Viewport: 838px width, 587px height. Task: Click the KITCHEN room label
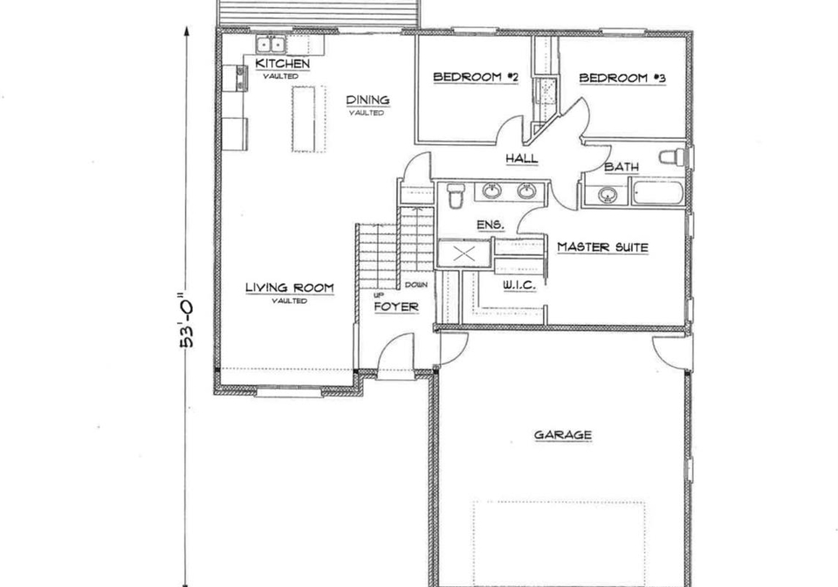(x=282, y=64)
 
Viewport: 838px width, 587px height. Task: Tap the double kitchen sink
(x=271, y=44)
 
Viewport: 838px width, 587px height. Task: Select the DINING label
(x=367, y=100)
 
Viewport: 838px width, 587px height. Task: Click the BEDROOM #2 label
(x=476, y=77)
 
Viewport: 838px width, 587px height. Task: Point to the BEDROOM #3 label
(x=622, y=78)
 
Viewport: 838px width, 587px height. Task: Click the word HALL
(x=522, y=158)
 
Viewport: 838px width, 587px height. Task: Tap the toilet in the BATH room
(x=672, y=158)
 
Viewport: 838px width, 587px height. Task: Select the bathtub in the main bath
(x=658, y=193)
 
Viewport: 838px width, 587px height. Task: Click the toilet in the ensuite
(x=456, y=196)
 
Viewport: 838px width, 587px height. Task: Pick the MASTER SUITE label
(x=602, y=247)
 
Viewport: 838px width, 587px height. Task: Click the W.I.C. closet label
(x=519, y=286)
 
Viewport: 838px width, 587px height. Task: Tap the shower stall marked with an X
(x=464, y=253)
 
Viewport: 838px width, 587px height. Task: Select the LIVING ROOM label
(x=290, y=287)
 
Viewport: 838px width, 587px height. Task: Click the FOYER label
(x=396, y=307)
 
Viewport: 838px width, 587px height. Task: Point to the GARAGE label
(x=563, y=435)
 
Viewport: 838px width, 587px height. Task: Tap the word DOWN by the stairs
(x=416, y=285)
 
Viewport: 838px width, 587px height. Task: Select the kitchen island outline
(x=309, y=119)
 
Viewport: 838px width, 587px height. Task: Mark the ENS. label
(x=490, y=225)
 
